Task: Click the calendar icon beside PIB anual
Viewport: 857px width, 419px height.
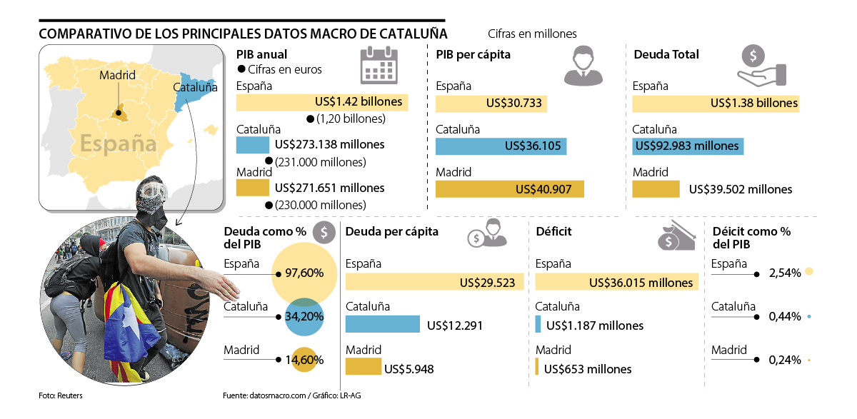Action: click(379, 65)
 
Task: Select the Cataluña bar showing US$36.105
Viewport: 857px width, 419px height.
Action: click(501, 146)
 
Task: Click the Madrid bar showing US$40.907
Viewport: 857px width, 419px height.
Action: click(509, 190)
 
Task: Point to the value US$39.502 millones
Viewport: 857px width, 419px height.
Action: click(741, 189)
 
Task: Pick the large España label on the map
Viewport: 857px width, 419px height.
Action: click(118, 143)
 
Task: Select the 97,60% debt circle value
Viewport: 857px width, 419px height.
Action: click(304, 273)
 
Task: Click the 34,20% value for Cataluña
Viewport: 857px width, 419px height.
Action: click(304, 315)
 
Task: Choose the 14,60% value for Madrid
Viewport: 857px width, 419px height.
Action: click(304, 360)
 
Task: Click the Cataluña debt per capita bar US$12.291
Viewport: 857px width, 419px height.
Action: click(382, 324)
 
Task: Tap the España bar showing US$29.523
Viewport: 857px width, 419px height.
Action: click(434, 282)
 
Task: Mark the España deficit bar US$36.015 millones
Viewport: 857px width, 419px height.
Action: click(616, 282)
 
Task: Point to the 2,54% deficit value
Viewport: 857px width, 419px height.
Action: click(785, 273)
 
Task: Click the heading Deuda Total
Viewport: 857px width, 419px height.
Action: click(666, 54)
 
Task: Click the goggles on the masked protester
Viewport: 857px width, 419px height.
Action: click(154, 191)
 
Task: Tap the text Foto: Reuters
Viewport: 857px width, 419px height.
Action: click(61, 395)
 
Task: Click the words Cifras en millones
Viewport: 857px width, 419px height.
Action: click(532, 34)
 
